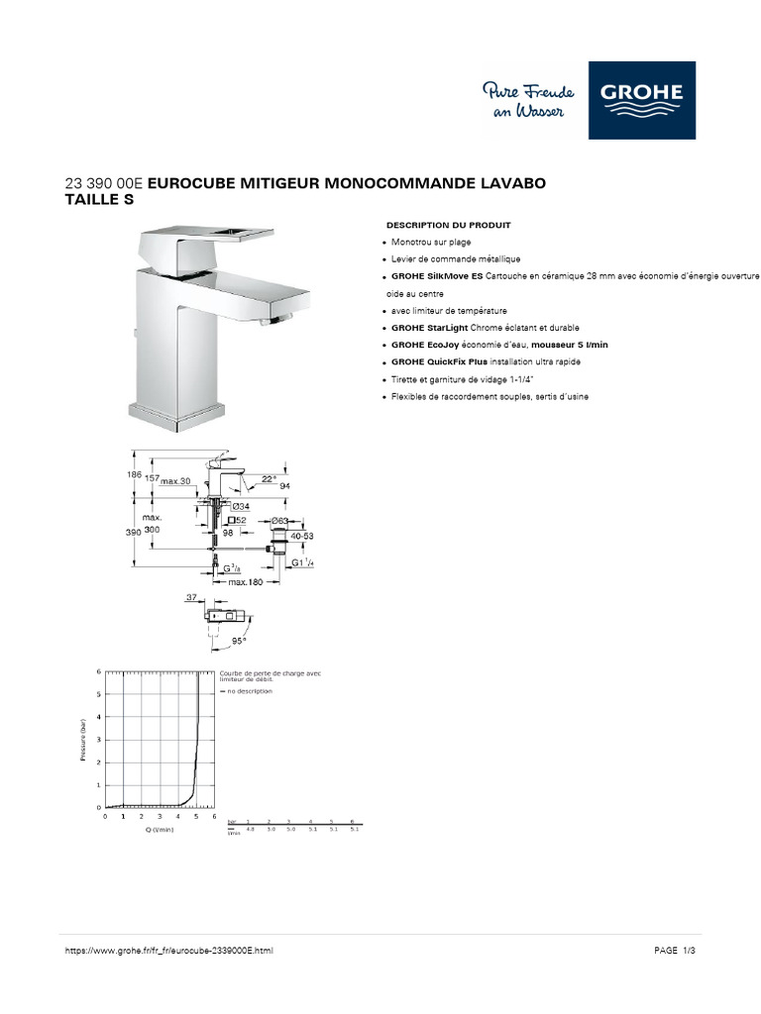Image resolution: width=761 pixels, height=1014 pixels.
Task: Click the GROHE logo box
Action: (x=641, y=100)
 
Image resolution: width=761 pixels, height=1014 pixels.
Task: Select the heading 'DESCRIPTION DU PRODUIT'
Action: (x=448, y=225)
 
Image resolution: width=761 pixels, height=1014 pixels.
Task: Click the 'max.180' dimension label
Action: (x=245, y=581)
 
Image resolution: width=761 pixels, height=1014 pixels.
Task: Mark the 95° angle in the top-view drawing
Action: (x=238, y=640)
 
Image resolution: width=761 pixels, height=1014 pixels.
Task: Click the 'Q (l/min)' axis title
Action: (x=159, y=831)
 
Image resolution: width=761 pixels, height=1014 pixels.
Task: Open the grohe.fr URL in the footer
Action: (x=167, y=951)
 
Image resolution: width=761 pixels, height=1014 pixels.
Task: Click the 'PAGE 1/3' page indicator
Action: (x=676, y=951)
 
